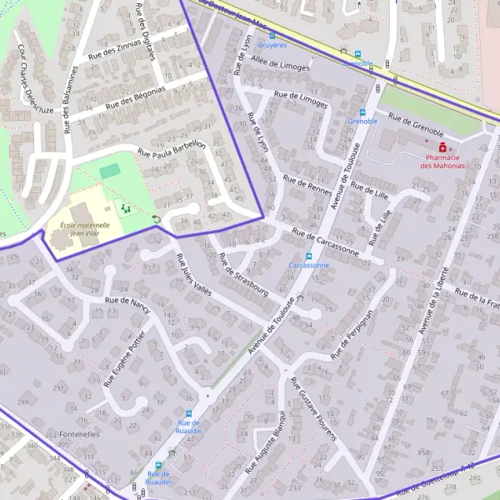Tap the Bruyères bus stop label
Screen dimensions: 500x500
coord(272,44)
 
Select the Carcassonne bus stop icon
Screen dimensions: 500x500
coord(308,256)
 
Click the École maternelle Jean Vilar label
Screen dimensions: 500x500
coord(78,229)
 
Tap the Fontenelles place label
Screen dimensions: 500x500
coord(80,434)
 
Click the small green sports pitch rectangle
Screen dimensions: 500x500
coord(109,170)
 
